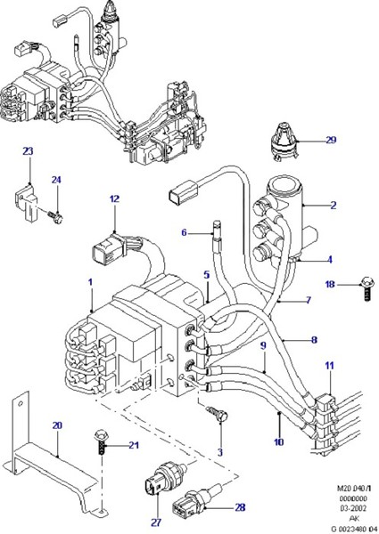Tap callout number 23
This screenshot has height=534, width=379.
point(27,152)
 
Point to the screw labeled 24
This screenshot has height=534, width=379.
point(55,214)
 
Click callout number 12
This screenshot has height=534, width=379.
point(114,199)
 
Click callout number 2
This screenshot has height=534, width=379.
point(333,206)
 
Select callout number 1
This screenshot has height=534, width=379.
point(89,284)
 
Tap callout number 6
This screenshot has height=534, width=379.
point(185,233)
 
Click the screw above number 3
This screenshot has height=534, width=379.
point(217,414)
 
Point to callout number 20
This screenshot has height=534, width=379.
point(55,425)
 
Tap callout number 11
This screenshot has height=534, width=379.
point(329,366)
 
